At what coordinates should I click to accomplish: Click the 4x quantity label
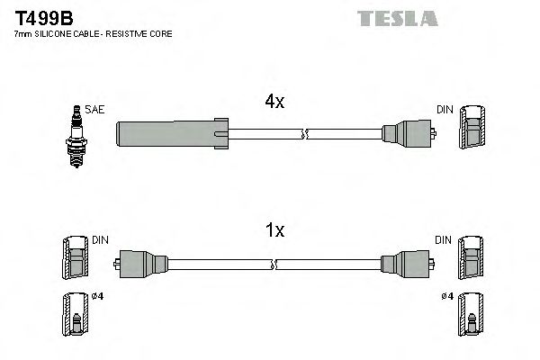[x=274, y=102]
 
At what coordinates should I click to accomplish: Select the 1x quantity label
[x=274, y=231]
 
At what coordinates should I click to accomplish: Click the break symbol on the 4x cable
[x=304, y=135]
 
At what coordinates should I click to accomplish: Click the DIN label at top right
[x=445, y=110]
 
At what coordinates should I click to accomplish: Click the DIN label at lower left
[x=99, y=240]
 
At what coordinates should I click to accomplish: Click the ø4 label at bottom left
[x=97, y=298]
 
